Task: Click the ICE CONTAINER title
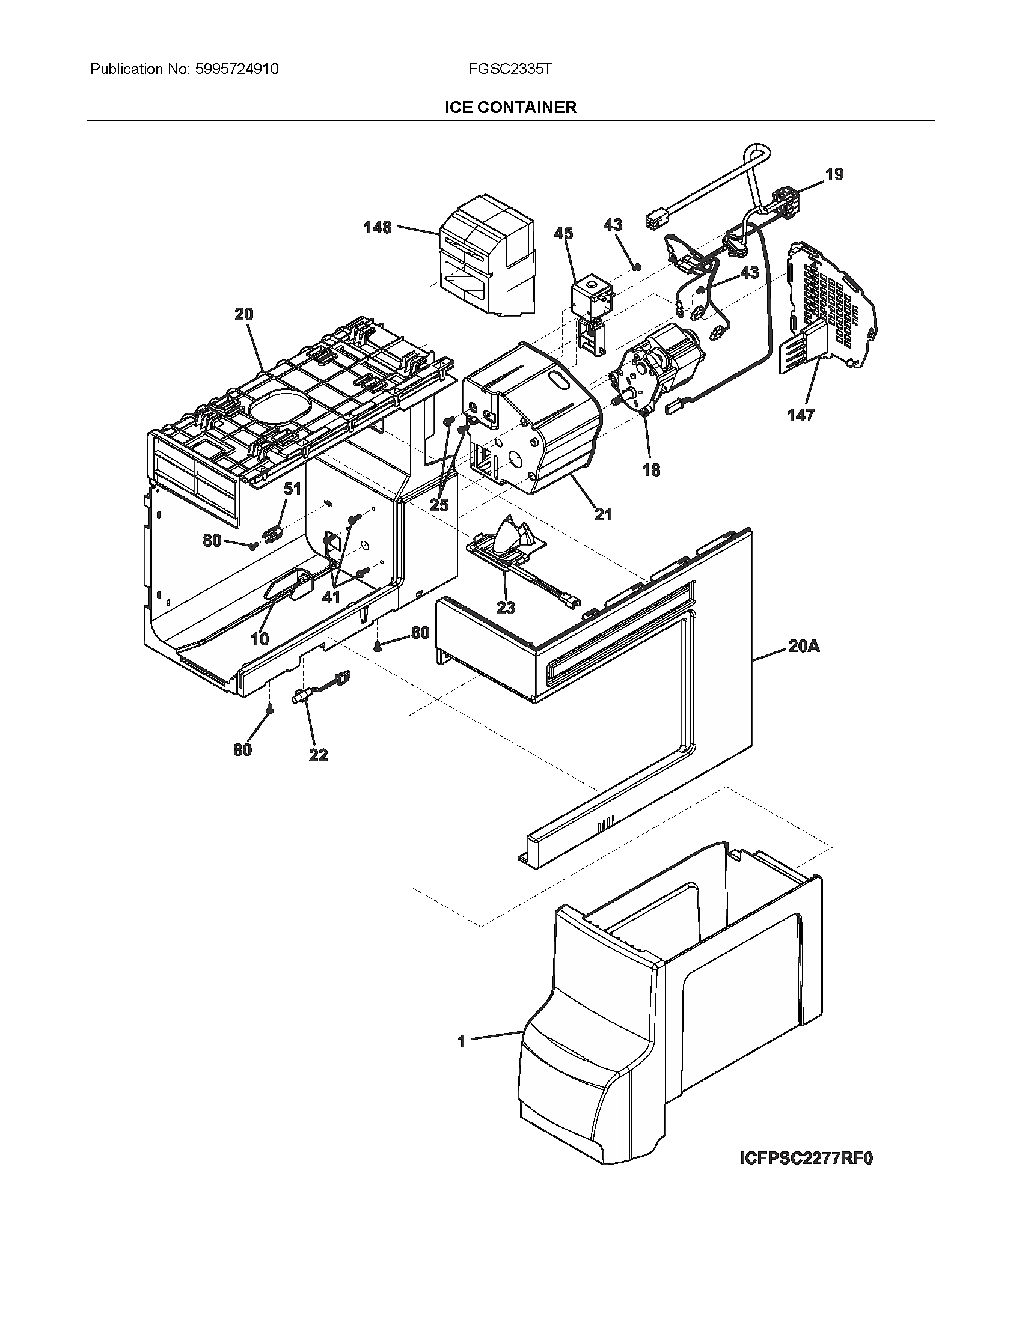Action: click(x=510, y=108)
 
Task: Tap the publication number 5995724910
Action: click(x=237, y=69)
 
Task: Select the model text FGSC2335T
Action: click(x=510, y=69)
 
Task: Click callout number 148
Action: click(x=377, y=228)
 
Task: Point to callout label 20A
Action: click(x=804, y=647)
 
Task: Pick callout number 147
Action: click(x=800, y=415)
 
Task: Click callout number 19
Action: click(x=834, y=175)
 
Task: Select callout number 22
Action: click(x=318, y=755)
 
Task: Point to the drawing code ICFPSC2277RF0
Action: click(x=806, y=1175)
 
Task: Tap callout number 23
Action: click(x=506, y=607)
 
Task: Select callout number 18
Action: click(x=651, y=470)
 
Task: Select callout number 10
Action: click(x=260, y=639)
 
